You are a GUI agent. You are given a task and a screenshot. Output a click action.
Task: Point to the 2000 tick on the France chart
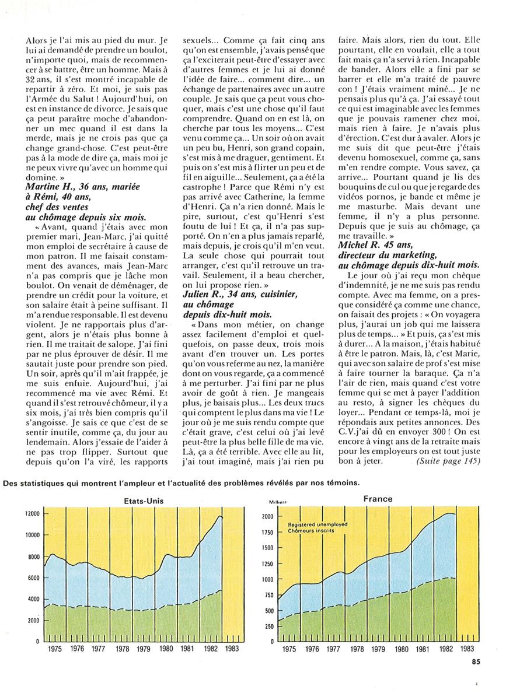(267, 517)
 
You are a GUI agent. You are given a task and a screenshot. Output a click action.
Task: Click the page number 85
(476, 661)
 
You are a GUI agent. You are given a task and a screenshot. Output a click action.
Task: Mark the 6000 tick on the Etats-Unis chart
(32, 577)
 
